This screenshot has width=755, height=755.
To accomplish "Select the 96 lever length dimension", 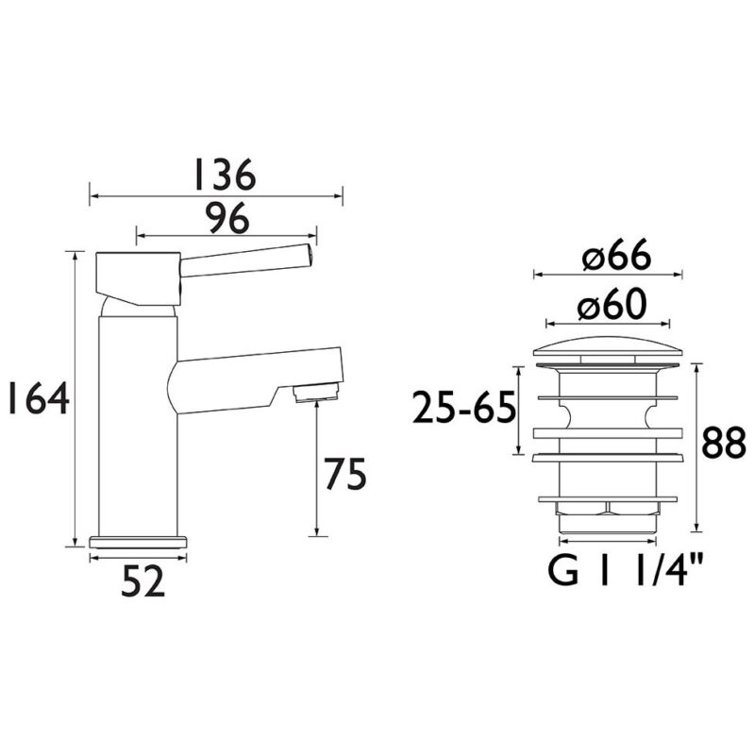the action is click(227, 218).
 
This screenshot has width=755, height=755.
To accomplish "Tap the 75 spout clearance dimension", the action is click(344, 474).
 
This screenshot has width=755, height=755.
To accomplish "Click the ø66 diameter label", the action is click(616, 256).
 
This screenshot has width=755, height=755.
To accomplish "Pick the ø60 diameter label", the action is click(612, 305).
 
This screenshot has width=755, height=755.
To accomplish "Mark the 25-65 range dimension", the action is click(463, 407).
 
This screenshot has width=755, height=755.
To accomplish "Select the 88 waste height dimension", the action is click(723, 443).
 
